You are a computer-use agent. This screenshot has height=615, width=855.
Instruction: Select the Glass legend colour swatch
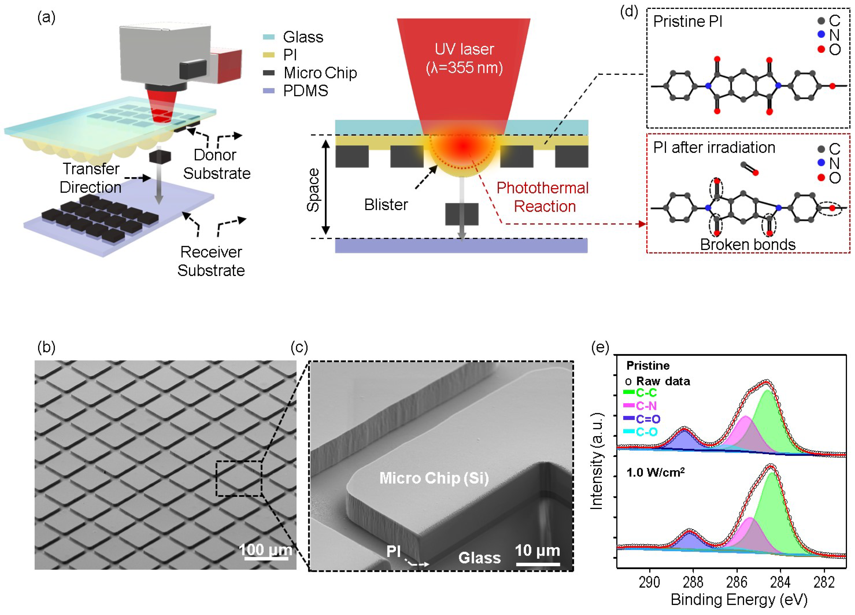click(x=269, y=37)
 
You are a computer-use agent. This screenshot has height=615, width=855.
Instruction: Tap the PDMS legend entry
click(x=305, y=91)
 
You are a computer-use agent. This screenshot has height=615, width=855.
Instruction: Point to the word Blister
click(x=386, y=205)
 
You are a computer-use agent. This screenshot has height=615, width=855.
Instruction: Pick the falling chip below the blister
click(x=462, y=214)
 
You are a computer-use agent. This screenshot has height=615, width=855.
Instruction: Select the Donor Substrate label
click(x=216, y=164)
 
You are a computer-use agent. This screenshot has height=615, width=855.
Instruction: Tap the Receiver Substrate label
click(x=211, y=261)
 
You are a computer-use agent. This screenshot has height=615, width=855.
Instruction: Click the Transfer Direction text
click(x=90, y=178)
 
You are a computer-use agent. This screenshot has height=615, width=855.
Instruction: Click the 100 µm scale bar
click(x=266, y=558)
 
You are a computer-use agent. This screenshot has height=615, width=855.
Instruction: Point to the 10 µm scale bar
click(x=538, y=564)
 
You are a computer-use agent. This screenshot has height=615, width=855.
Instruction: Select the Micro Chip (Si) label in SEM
click(x=434, y=478)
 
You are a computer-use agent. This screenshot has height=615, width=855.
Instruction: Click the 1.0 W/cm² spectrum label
click(x=655, y=472)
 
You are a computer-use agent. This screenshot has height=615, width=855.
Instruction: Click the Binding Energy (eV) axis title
click(x=739, y=600)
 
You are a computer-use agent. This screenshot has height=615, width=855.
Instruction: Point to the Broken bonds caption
click(x=748, y=245)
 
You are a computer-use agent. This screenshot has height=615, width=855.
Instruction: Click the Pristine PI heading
click(x=688, y=22)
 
